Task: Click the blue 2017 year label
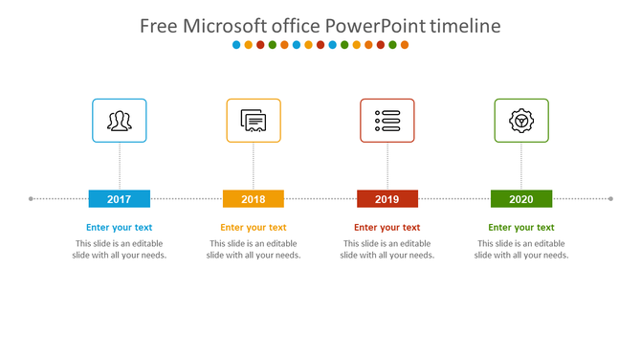(x=120, y=199)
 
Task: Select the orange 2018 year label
(x=254, y=199)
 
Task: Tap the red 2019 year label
(x=387, y=199)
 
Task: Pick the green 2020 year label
(x=521, y=199)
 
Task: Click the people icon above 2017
(x=120, y=121)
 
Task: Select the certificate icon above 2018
(x=254, y=121)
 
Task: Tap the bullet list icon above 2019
(x=387, y=121)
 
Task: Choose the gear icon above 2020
(x=521, y=121)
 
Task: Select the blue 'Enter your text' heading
(x=120, y=228)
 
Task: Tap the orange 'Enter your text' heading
(x=254, y=228)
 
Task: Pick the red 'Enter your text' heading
(x=387, y=228)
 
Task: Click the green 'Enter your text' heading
(x=521, y=228)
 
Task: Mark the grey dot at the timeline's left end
(x=32, y=199)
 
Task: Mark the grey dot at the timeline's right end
(x=610, y=199)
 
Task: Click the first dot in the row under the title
(x=236, y=45)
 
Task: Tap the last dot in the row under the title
(x=405, y=45)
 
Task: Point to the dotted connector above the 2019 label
(x=387, y=167)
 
